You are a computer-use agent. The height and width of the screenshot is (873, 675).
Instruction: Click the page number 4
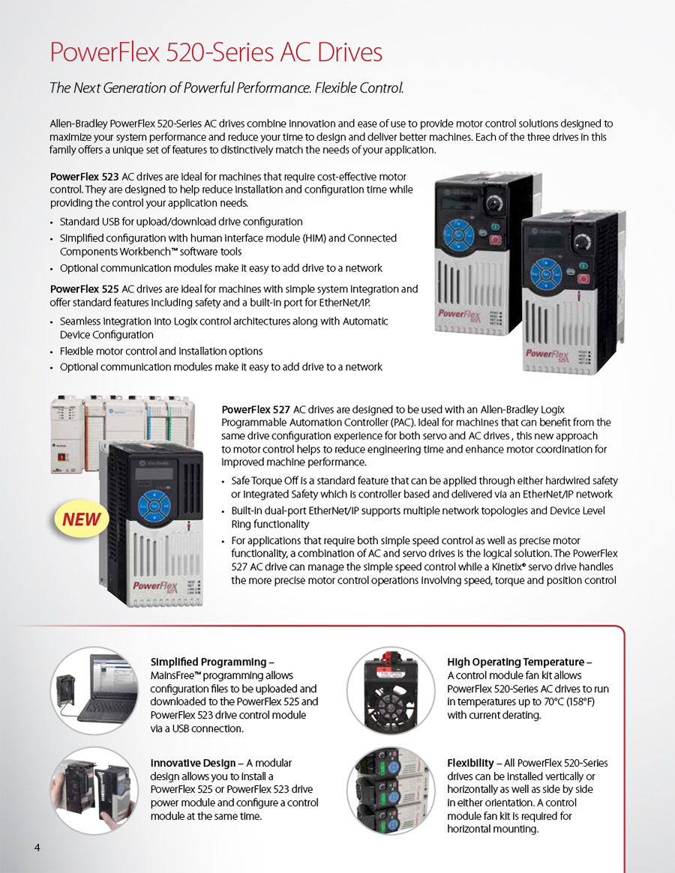[37, 847]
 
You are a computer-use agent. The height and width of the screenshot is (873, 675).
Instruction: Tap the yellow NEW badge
[81, 519]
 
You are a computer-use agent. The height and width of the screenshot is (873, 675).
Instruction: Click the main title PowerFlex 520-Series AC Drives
[216, 52]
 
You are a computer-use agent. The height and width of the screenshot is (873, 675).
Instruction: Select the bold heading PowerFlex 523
[84, 177]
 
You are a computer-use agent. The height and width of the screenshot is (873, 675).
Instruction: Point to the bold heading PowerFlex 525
[84, 289]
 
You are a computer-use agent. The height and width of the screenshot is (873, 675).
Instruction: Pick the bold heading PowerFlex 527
[256, 409]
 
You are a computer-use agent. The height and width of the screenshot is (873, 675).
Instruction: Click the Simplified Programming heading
[208, 662]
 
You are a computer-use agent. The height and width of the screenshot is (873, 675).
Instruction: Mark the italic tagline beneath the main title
[226, 88]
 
